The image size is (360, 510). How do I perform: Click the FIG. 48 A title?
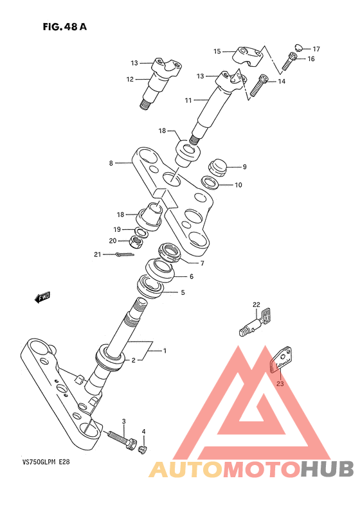64,27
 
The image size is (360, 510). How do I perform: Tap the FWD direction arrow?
42,297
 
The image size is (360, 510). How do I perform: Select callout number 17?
316,49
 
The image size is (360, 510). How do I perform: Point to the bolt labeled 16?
289,62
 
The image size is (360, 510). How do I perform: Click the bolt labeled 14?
258,85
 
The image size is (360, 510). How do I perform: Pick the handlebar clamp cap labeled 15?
249,57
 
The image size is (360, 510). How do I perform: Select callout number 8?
111,163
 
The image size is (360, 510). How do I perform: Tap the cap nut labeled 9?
218,167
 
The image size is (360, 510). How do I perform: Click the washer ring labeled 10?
210,183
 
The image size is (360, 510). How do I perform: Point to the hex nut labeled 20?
136,242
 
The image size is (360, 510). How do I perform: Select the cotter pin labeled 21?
124,254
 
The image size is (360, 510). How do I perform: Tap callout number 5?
183,292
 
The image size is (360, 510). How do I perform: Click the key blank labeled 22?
256,322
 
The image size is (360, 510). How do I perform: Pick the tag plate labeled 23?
281,359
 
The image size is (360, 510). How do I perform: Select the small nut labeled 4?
143,450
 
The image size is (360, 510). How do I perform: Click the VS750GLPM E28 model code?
46,462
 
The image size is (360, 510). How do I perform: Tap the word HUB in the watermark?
327,469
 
